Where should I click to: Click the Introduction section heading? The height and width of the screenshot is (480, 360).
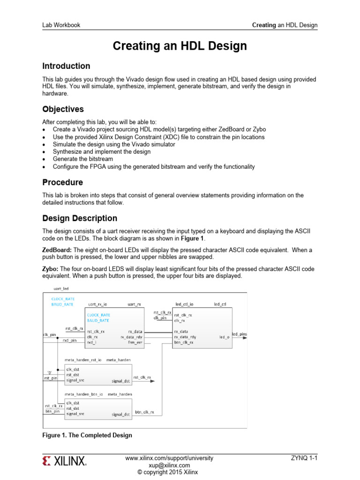(66, 66)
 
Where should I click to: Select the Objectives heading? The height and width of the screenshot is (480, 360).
(63, 109)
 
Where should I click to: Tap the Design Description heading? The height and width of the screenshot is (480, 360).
(80, 218)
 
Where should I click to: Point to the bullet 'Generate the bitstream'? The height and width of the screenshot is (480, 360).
(82, 159)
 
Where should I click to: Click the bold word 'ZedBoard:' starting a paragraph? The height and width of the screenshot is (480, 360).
(57, 250)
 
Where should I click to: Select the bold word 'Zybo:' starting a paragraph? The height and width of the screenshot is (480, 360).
(51, 269)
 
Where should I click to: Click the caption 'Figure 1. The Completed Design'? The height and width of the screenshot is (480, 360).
(87, 435)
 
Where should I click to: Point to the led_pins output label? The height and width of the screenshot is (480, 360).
(240, 334)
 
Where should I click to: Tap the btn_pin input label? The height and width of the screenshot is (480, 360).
(52, 411)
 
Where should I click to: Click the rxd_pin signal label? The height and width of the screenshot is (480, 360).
(69, 340)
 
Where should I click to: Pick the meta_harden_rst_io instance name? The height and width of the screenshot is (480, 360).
(82, 360)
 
